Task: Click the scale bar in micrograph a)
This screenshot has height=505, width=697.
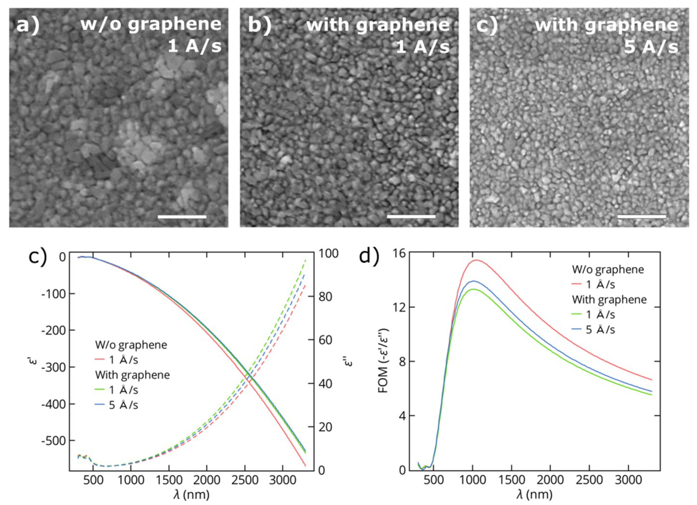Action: [x=182, y=217]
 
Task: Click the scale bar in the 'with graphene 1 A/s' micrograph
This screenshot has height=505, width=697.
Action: [x=411, y=217]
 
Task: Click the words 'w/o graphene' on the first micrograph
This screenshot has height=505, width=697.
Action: [x=151, y=24]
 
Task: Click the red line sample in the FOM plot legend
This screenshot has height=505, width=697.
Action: [x=578, y=285]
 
